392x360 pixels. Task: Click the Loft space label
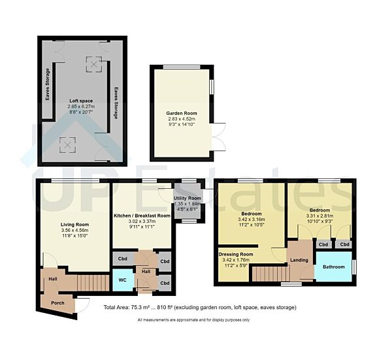tap(82, 101)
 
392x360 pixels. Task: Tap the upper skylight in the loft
tap(95, 64)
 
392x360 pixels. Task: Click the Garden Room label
tap(182, 113)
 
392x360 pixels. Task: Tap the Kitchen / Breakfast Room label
tap(142, 215)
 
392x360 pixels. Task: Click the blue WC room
tap(122, 280)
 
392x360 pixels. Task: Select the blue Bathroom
tap(333, 267)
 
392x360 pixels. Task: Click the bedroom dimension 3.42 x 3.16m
tap(252, 220)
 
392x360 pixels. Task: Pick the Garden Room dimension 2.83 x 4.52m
tap(182, 120)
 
